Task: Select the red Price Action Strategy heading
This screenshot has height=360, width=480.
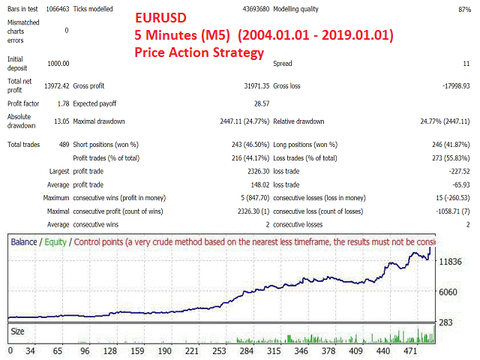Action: click(x=199, y=52)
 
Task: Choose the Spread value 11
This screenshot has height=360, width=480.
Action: click(x=466, y=64)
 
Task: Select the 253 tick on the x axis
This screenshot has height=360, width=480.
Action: click(x=219, y=350)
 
